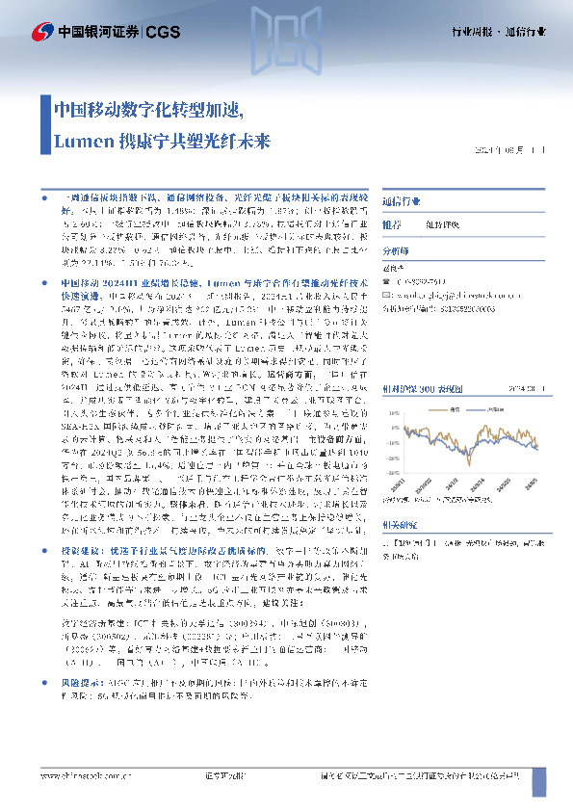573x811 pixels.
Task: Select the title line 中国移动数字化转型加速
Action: coord(148,108)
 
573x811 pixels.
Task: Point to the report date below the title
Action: coord(510,150)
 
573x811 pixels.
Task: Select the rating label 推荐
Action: coord(392,224)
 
